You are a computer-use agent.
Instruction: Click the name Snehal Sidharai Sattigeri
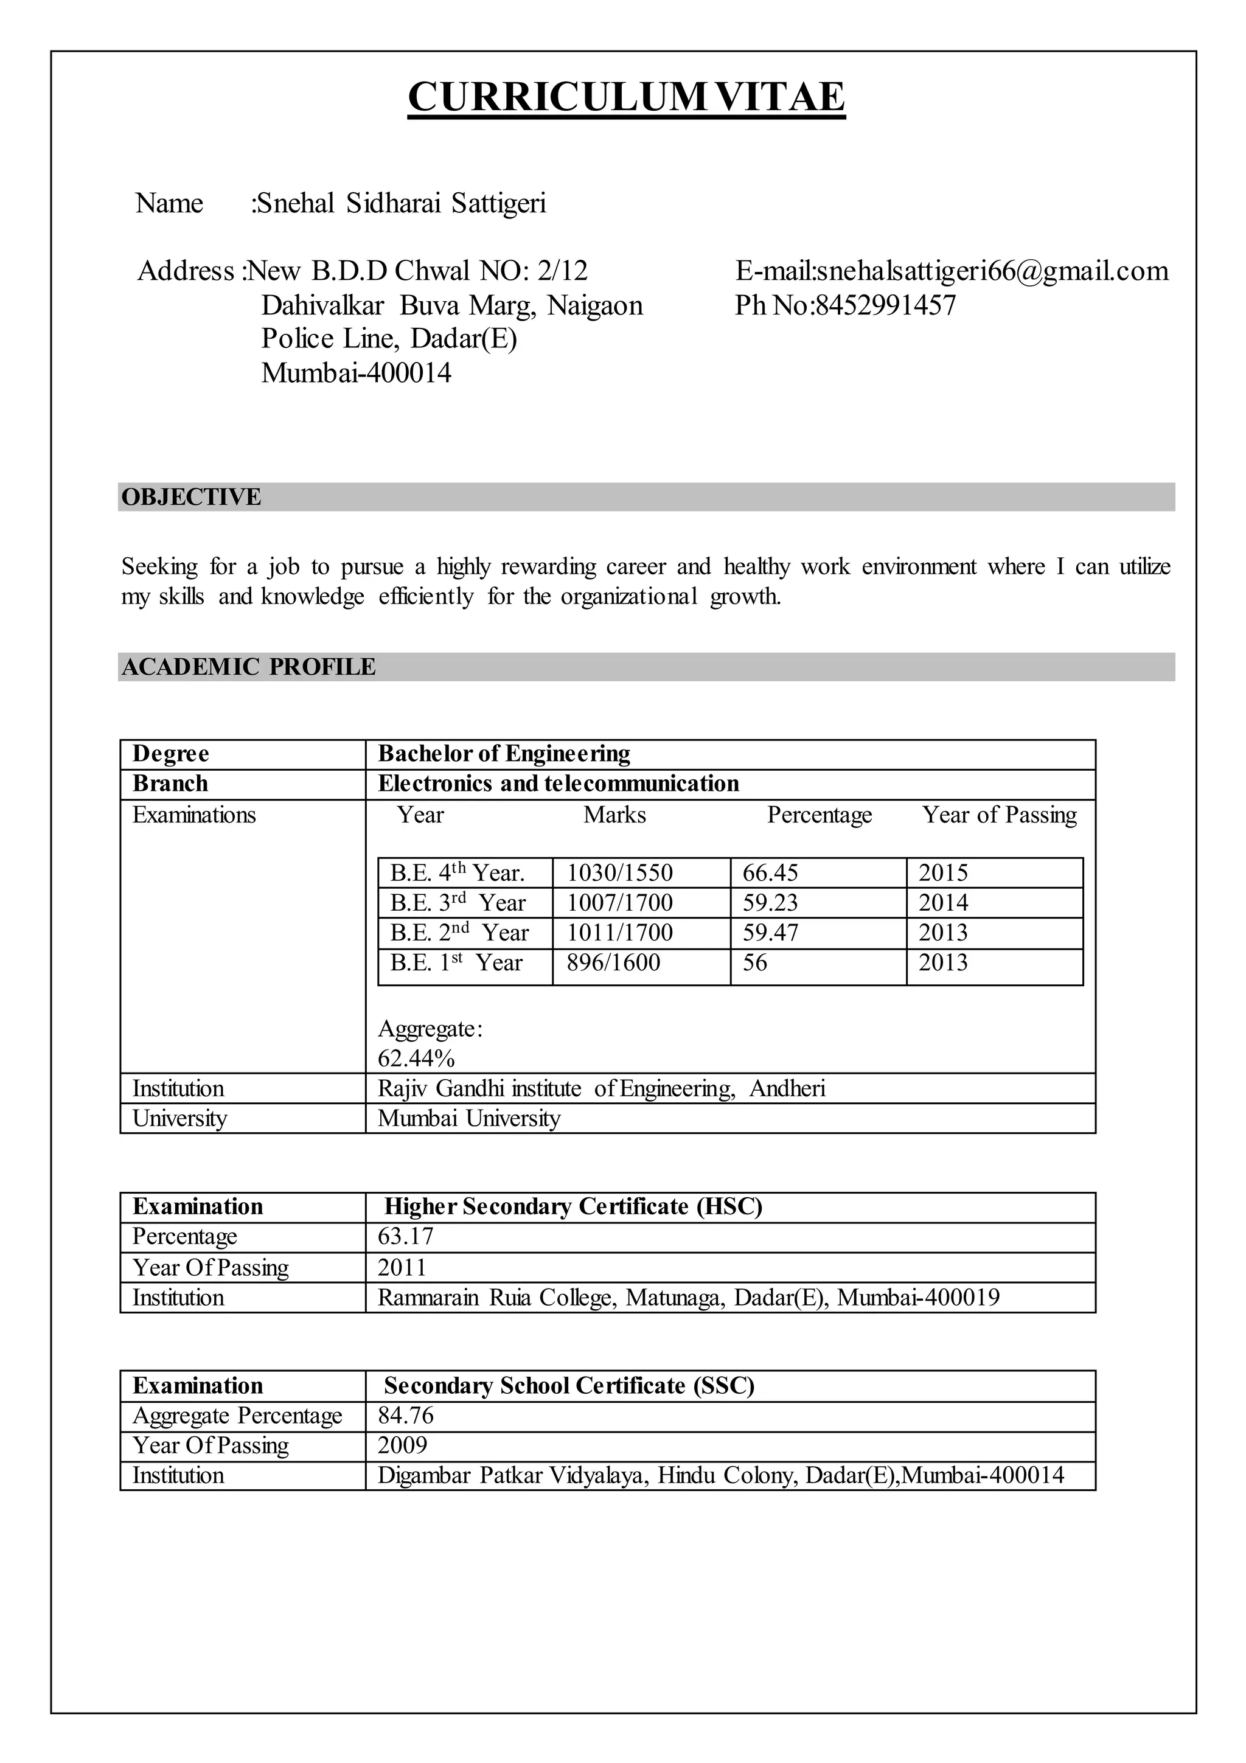(400, 203)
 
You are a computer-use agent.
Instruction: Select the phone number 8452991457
(885, 305)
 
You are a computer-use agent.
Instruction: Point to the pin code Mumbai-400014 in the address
(357, 373)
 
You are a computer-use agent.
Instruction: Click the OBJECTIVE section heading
(191, 497)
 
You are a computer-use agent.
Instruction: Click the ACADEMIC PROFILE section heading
(249, 667)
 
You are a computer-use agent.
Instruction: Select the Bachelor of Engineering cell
(504, 754)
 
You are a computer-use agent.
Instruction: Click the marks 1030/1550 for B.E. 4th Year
(619, 873)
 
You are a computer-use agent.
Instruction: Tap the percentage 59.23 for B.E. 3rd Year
(770, 903)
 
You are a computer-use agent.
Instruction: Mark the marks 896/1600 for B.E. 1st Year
(613, 963)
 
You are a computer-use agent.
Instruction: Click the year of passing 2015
(943, 873)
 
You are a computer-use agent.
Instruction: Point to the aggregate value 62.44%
(416, 1059)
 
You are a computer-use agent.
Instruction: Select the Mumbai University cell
(469, 1119)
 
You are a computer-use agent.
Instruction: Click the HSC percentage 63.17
(405, 1236)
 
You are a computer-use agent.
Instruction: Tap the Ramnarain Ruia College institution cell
(688, 1298)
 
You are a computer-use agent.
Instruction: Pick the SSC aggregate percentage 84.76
(405, 1415)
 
